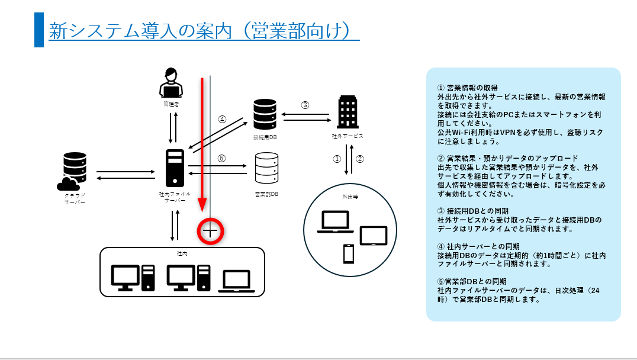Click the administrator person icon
[170, 83]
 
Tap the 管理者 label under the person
[170, 104]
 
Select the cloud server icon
[75, 171]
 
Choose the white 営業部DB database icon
[266, 169]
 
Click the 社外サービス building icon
[348, 111]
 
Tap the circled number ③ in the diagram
[305, 105]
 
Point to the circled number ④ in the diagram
[222, 119]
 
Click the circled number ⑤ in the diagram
[222, 158]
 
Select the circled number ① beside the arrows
[336, 159]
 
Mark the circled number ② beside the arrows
[359, 159]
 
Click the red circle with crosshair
[210, 231]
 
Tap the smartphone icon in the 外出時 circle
[348, 254]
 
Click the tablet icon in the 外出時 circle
[373, 236]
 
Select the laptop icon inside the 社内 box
[237, 281]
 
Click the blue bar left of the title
[39, 30]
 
